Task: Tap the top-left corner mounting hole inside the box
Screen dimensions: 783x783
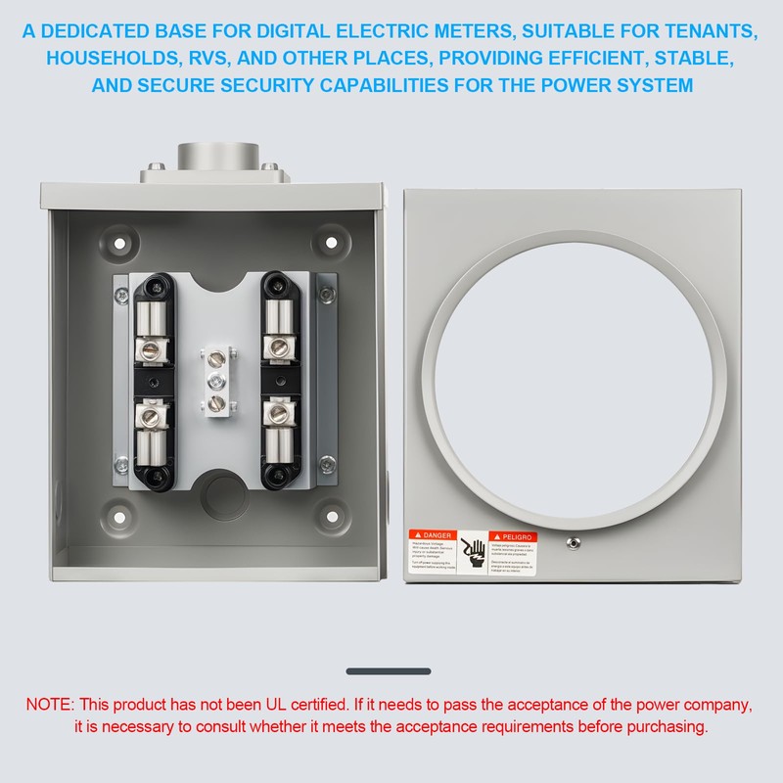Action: coord(121,242)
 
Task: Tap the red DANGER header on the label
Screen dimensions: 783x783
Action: coord(433,536)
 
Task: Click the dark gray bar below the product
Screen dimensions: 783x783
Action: coord(389,671)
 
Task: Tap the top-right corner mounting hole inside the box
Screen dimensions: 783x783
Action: coord(334,242)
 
